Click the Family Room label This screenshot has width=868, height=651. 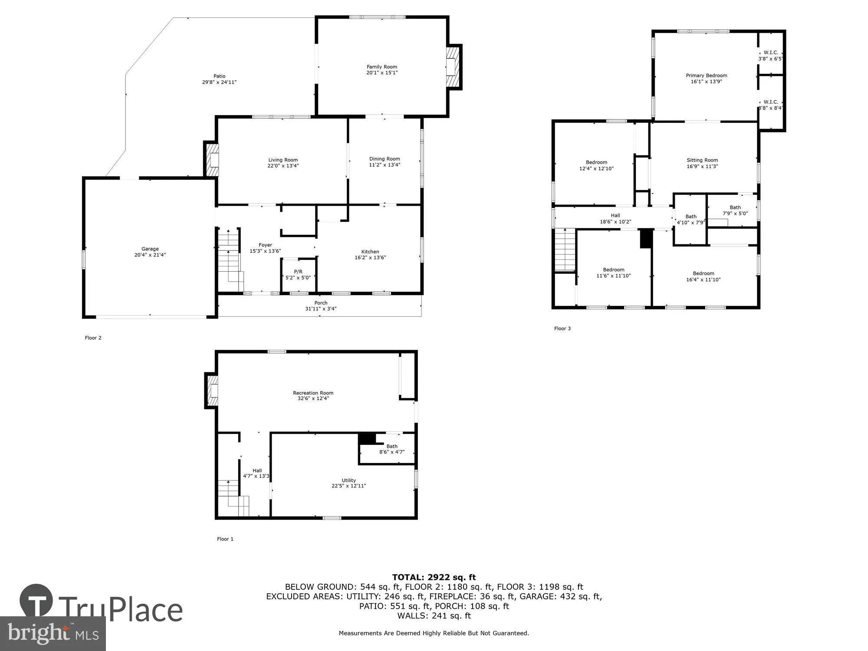(381, 67)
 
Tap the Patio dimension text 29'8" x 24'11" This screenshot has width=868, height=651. (219, 82)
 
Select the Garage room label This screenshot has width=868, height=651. (150, 249)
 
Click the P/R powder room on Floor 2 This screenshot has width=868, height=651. (298, 274)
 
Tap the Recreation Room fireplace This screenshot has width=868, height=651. (212, 391)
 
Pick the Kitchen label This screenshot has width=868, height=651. (370, 252)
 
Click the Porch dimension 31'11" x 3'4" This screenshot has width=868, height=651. (321, 309)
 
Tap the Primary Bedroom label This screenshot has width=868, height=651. (706, 76)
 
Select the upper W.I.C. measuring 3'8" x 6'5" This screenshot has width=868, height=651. (771, 56)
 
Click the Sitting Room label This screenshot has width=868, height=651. (702, 160)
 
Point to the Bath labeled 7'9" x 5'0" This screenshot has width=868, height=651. (735, 210)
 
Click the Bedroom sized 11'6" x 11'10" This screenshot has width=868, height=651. (613, 273)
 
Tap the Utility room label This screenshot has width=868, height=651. (349, 480)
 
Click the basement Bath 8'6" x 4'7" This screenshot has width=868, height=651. (391, 449)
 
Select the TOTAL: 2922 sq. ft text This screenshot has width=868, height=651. (434, 577)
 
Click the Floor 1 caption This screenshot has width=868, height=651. (225, 539)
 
